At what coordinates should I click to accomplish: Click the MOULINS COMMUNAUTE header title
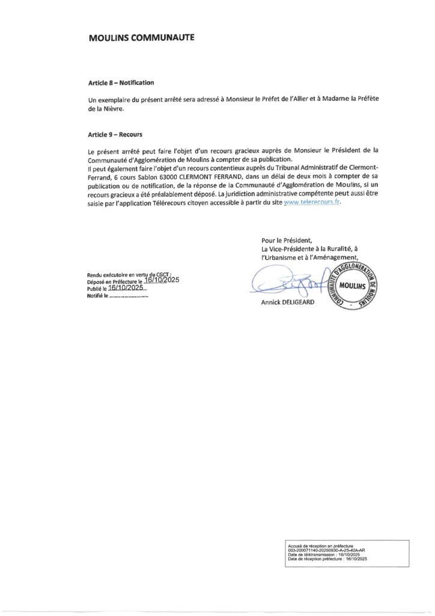pyautogui.click(x=141, y=37)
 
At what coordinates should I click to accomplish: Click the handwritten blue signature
pyautogui.click(x=282, y=280)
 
